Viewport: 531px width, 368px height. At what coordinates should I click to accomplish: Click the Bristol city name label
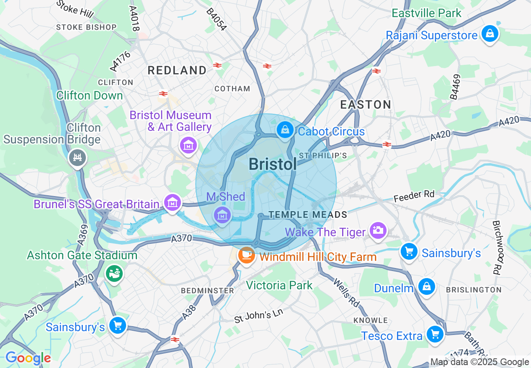pos(273,164)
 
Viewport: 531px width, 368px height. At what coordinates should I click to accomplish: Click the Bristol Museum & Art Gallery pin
pos(188,145)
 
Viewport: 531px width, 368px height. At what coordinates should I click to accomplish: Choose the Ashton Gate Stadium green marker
pos(114,273)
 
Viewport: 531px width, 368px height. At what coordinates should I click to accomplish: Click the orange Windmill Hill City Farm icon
pos(246,255)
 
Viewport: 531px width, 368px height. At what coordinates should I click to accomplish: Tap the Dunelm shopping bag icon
pos(426,286)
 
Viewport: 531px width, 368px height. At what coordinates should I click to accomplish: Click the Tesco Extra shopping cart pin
pos(435,334)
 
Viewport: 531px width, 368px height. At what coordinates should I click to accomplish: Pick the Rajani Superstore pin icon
pos(490,33)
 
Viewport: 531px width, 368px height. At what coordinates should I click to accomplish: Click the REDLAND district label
pos(177,70)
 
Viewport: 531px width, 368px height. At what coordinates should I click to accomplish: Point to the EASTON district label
pos(366,105)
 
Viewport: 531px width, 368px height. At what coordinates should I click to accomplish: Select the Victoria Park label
pos(279,285)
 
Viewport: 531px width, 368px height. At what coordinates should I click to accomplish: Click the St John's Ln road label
pos(258,315)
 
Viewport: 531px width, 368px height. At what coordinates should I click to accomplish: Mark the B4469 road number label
pos(455,87)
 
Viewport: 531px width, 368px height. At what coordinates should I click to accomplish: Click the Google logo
pos(28,358)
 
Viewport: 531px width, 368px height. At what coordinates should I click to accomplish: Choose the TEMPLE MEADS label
pos(308,215)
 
